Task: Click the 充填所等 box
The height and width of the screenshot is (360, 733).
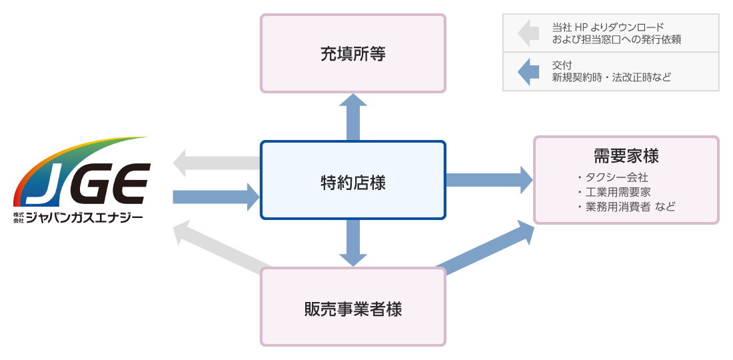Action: tap(353, 53)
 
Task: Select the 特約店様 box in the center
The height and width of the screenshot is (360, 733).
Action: tap(353, 181)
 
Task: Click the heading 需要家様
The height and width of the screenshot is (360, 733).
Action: tap(626, 156)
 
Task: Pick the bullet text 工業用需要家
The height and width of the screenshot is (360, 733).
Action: tap(617, 192)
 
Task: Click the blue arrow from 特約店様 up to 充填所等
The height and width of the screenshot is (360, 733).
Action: tap(353, 117)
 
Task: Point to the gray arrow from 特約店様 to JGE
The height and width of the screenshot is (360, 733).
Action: tap(213, 163)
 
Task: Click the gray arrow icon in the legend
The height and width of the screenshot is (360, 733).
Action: tap(528, 33)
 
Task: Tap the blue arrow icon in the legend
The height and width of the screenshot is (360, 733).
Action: tap(528, 71)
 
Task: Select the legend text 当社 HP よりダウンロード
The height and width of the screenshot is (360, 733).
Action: tap(608, 27)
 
